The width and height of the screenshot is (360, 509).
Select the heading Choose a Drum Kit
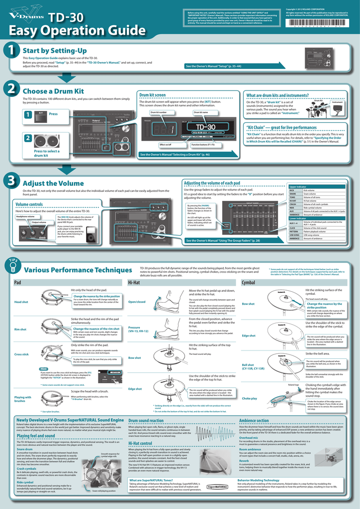point(53,91)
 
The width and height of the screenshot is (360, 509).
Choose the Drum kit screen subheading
point(153,94)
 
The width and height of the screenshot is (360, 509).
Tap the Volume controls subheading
point(29,204)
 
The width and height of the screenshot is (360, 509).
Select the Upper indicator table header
point(298,186)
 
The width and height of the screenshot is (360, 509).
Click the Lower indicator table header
point(298,218)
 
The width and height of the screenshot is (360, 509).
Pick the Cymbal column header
point(249,282)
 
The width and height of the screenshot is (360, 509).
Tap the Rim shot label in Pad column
point(21,329)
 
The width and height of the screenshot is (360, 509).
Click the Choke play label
point(250,398)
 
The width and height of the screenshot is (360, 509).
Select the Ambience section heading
point(254,421)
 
